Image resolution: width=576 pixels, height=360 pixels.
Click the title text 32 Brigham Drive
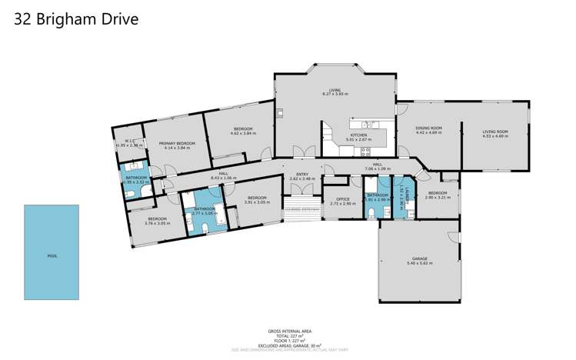pyautogui.click(x=76, y=19)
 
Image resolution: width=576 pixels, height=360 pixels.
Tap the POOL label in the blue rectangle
pyautogui.click(x=52, y=256)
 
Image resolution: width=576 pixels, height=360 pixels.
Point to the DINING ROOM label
pyautogui.click(x=428, y=128)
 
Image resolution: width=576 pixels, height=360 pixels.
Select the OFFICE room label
pyautogui.click(x=342, y=199)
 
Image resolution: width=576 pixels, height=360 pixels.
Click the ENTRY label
pyautogui.click(x=297, y=174)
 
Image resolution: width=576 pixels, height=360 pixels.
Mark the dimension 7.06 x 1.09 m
pyautogui.click(x=378, y=168)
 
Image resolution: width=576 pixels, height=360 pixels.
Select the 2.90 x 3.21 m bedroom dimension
pyautogui.click(x=437, y=197)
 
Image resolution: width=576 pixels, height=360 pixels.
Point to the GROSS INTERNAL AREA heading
pyautogui.click(x=288, y=331)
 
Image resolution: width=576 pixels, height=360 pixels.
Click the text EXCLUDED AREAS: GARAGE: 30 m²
pyautogui.click(x=288, y=345)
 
